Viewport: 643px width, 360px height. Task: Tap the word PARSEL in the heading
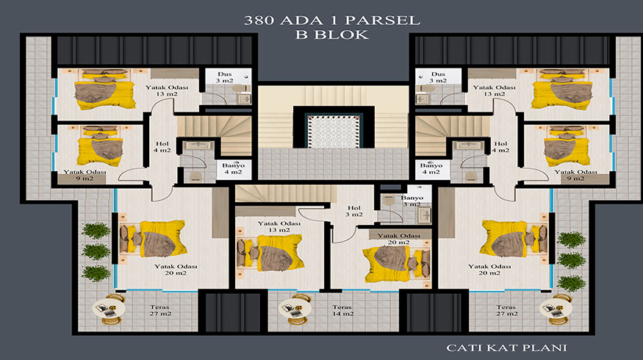(383, 21)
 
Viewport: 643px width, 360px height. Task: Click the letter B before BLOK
(302, 35)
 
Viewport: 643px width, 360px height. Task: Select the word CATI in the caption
(461, 348)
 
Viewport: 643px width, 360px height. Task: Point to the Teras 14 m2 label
(342, 310)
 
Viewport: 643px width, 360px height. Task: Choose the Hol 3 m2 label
(354, 211)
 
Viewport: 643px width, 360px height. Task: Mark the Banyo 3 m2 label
(412, 201)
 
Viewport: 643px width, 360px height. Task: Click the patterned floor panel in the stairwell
(334, 132)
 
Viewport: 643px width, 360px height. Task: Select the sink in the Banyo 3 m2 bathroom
(425, 215)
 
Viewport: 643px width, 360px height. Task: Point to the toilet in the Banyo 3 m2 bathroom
(387, 200)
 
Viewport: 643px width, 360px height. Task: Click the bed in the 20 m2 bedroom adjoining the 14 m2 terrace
(397, 263)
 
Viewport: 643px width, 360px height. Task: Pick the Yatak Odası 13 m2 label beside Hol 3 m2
(279, 227)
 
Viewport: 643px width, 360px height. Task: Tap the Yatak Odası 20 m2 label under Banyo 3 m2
(398, 239)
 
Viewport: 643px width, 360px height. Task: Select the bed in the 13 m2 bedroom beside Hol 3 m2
(270, 253)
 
